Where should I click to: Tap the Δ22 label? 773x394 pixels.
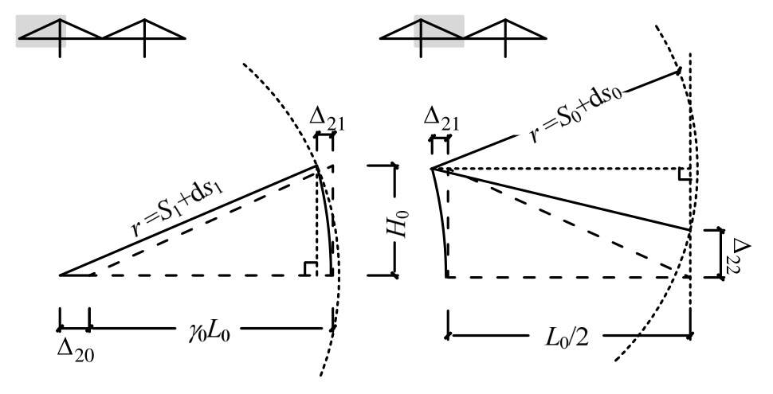click(740, 253)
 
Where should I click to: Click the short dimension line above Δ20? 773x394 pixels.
click(73, 327)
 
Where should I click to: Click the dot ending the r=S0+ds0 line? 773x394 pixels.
click(678, 69)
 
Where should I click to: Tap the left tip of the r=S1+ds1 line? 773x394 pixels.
click(61, 275)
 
